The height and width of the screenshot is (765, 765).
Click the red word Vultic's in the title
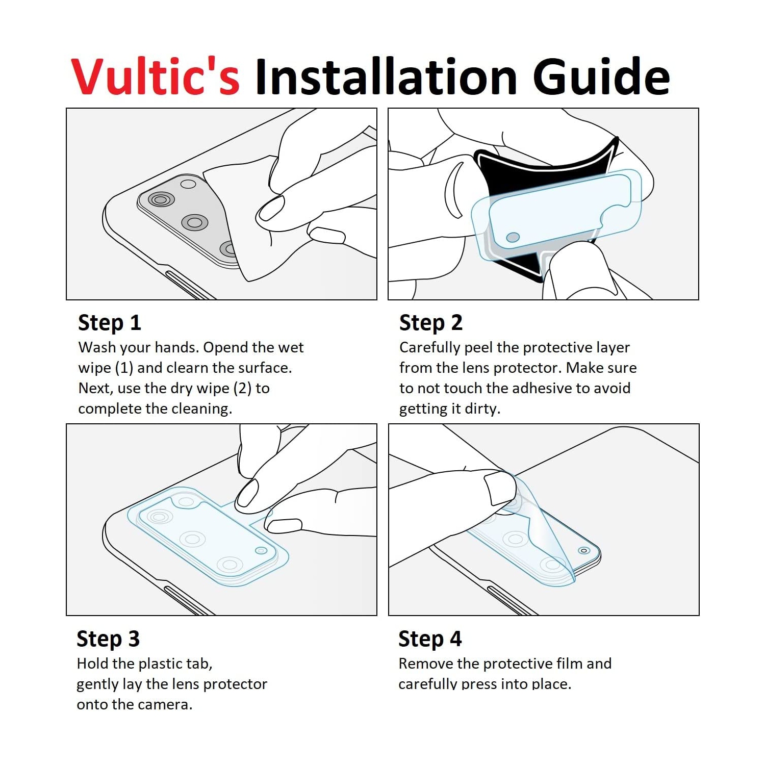coord(156,76)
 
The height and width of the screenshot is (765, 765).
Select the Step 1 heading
coord(110,323)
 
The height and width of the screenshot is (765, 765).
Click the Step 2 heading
coord(431,323)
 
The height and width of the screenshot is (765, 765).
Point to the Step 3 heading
coord(108,639)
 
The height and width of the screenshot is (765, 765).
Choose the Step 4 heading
coord(430,639)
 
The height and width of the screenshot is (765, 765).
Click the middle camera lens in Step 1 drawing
coord(195,222)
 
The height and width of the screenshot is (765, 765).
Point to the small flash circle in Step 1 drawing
coord(188,184)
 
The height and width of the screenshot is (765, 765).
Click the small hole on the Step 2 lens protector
coord(513,237)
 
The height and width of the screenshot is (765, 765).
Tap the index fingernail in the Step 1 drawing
coord(271,209)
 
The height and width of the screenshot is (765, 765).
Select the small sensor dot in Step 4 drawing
coord(584,550)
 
